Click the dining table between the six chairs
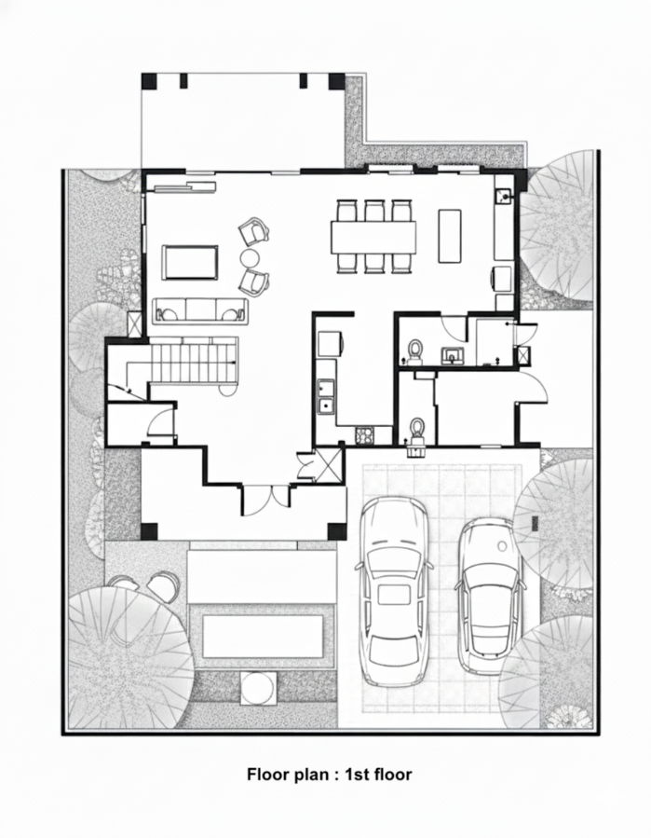373,237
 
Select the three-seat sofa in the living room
201,310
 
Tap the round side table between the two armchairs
250,258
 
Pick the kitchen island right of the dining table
450,236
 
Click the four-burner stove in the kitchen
365,435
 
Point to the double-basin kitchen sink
326,396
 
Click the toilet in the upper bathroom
415,350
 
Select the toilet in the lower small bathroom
416,428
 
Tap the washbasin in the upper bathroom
453,355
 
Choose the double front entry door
266,500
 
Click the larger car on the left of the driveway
395,592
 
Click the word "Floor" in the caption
268,775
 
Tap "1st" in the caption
358,775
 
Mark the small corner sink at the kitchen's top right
504,196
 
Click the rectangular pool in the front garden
264,637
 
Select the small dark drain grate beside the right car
534,522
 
